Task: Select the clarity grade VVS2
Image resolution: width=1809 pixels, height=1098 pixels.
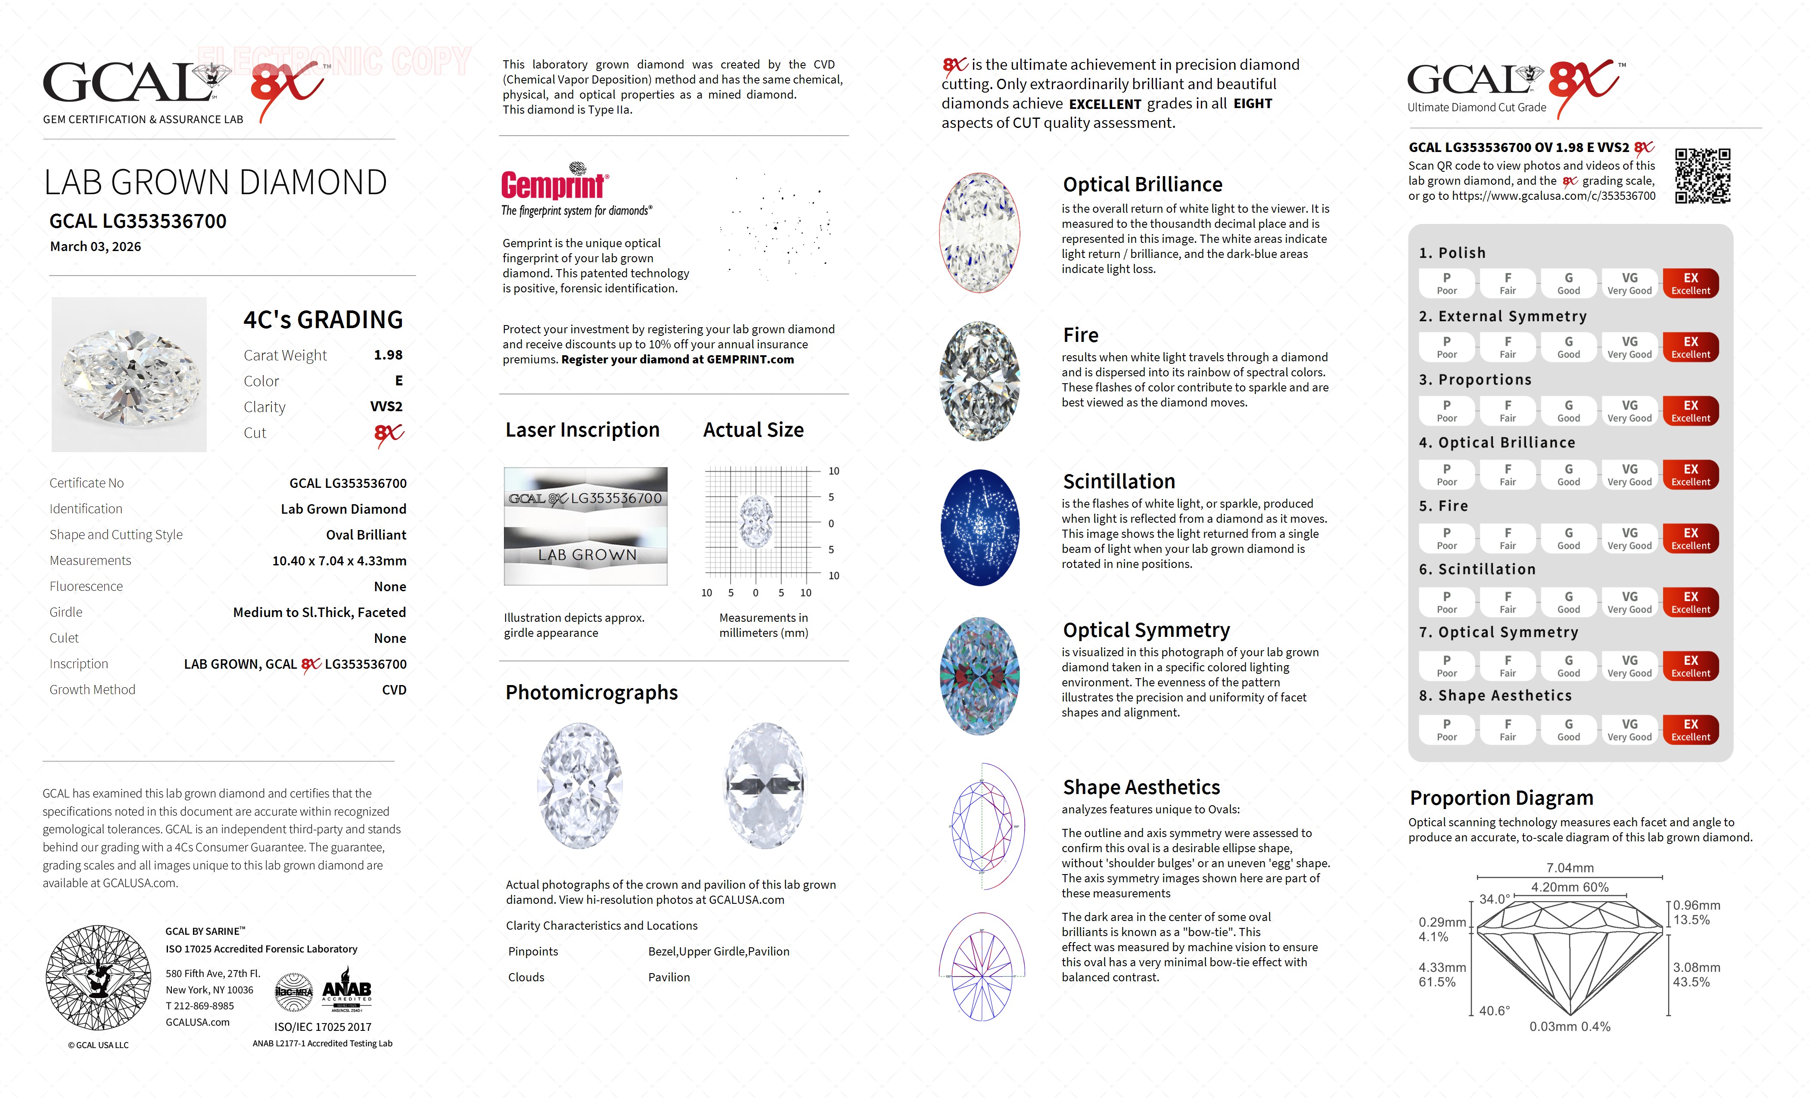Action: [386, 406]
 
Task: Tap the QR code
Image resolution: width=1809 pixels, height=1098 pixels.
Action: [1702, 176]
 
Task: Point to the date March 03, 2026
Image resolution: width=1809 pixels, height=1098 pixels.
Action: [96, 247]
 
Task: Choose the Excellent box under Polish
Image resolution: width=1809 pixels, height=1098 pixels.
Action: [1690, 283]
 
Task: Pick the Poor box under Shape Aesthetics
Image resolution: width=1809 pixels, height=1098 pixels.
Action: [1446, 729]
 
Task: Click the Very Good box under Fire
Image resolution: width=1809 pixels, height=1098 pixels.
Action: [1629, 538]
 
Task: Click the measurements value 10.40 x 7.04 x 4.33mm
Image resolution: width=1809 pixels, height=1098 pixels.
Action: [339, 561]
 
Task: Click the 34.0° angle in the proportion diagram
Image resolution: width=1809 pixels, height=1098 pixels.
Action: [1494, 899]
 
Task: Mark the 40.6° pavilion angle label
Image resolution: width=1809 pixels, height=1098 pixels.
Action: [1494, 1011]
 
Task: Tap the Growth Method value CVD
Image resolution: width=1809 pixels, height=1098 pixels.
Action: [394, 690]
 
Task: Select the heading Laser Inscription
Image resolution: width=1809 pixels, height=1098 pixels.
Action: [582, 430]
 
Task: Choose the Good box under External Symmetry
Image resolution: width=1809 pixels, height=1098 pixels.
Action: [1568, 347]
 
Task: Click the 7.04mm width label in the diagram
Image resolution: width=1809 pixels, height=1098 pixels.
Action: [1570, 868]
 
